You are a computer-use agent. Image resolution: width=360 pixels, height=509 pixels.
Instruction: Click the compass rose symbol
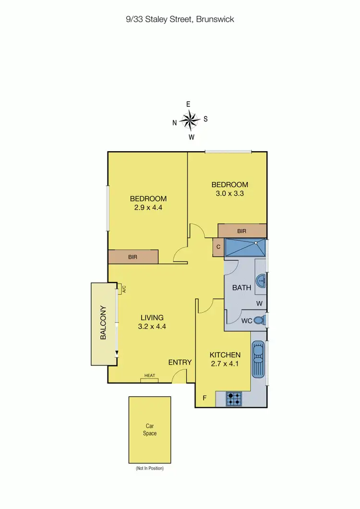click(x=191, y=120)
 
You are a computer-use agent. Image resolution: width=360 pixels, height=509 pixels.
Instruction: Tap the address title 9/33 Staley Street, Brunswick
click(x=180, y=20)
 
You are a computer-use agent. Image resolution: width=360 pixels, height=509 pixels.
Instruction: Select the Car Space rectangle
click(x=150, y=429)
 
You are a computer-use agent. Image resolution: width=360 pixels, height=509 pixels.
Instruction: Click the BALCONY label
click(x=103, y=323)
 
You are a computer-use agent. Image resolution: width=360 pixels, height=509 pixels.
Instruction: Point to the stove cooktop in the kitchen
click(x=235, y=399)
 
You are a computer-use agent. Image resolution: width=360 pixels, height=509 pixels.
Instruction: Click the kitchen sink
click(x=258, y=359)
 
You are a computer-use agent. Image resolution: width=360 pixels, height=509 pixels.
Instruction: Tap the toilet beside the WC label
click(x=259, y=320)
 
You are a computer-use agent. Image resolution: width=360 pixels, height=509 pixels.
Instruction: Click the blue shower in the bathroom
click(x=245, y=248)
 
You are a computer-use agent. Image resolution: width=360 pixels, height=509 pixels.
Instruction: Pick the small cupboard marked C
click(x=218, y=247)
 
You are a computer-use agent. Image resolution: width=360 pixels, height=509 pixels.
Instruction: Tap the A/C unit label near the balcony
click(x=123, y=289)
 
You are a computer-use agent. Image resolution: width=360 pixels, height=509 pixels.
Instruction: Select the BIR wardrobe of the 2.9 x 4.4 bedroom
click(x=133, y=257)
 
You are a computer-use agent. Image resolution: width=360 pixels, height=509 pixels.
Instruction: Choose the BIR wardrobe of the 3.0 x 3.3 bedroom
click(x=242, y=231)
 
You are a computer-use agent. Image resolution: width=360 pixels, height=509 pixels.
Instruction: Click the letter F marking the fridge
click(x=204, y=398)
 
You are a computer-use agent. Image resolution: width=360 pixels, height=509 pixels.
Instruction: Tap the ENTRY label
click(x=180, y=362)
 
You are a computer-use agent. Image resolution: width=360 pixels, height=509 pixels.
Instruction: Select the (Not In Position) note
click(x=150, y=468)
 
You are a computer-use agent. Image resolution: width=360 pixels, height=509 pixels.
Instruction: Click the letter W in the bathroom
click(x=259, y=303)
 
